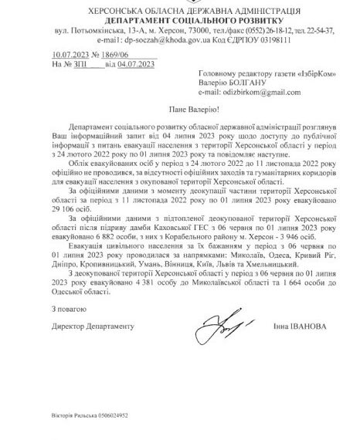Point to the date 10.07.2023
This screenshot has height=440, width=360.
pyautogui.click(x=67, y=54)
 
